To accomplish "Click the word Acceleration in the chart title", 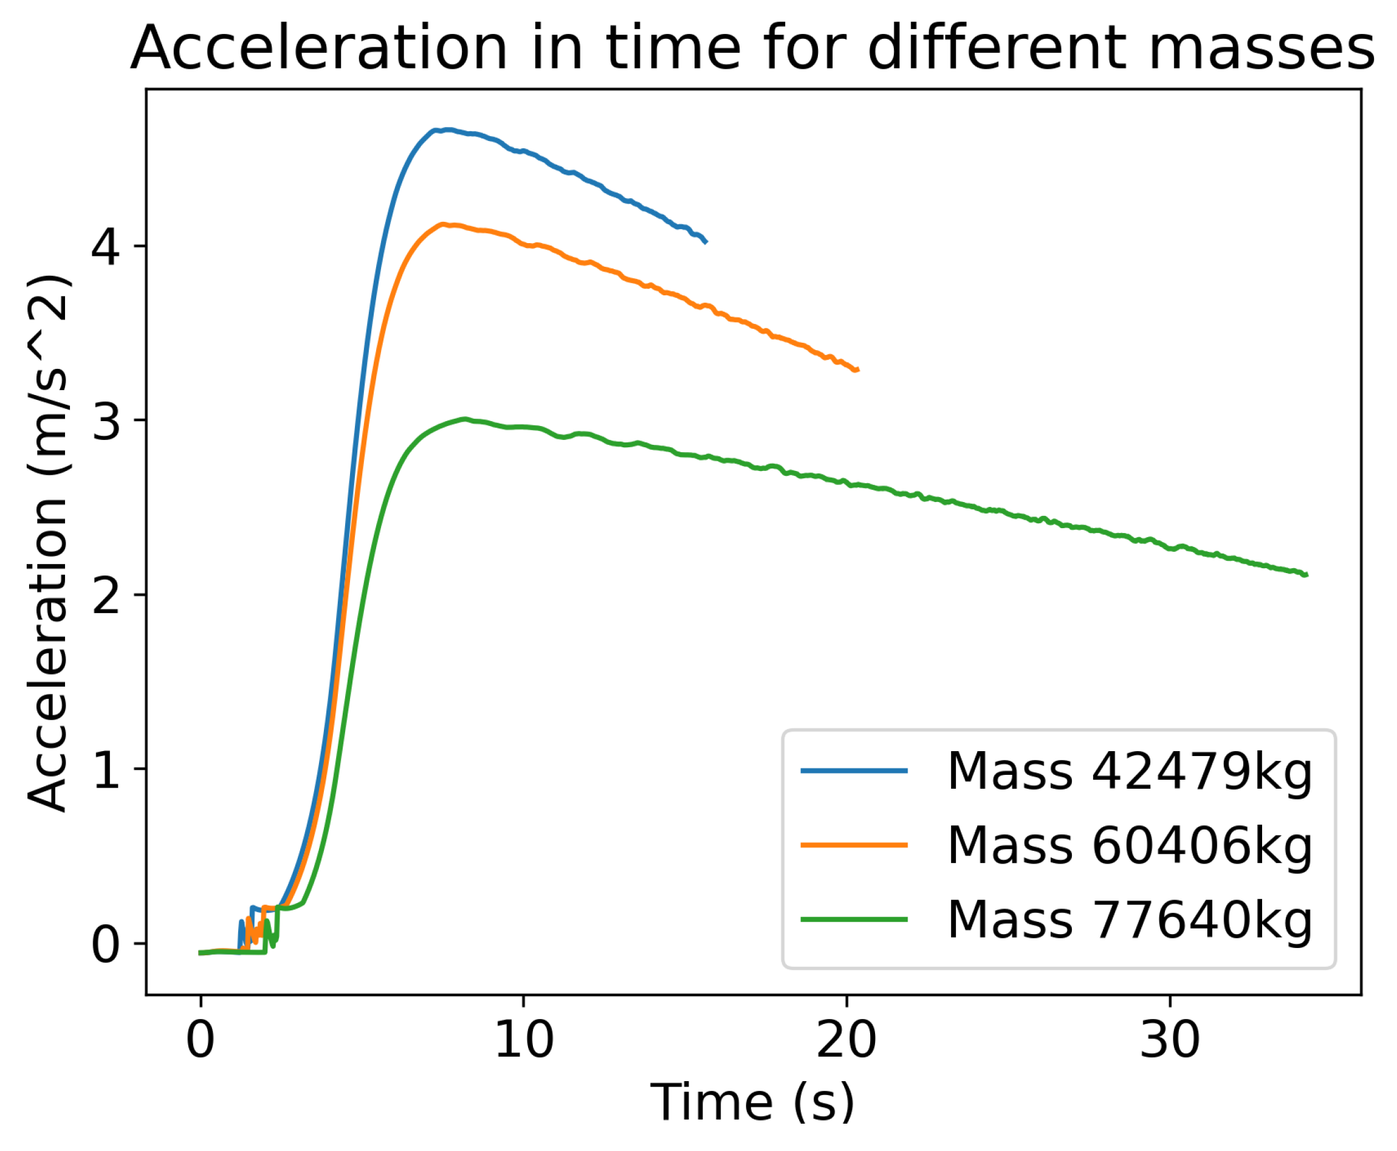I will (318, 48).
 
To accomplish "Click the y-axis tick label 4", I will (105, 247).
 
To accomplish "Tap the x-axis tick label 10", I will (524, 1040).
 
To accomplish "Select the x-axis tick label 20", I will (846, 1040).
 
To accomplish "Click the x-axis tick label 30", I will (1170, 1040).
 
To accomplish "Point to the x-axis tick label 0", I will (201, 1040).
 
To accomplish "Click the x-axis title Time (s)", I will (752, 1102).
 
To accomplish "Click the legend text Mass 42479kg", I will (1129, 771).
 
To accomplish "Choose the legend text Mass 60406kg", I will (1129, 845).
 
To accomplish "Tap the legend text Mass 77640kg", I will (1129, 919).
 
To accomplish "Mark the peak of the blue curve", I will (448, 130).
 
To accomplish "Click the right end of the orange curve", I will (858, 369).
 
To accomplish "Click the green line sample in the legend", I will (854, 919).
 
